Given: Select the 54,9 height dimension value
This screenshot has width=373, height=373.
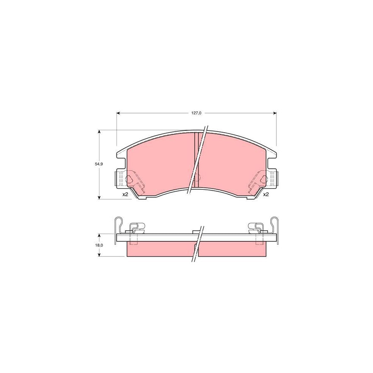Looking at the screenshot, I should [99, 164].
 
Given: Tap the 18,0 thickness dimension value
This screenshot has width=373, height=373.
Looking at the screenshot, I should [99, 245].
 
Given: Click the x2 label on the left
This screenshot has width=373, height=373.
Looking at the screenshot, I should [125, 194].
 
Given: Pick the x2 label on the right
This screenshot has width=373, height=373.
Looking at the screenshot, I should [266, 194].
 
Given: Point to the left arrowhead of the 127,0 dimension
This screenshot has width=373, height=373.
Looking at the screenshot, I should [119, 112].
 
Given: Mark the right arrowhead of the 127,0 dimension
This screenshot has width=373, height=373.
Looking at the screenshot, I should [274, 112].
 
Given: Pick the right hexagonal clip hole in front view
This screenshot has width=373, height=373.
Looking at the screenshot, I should [263, 179].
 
